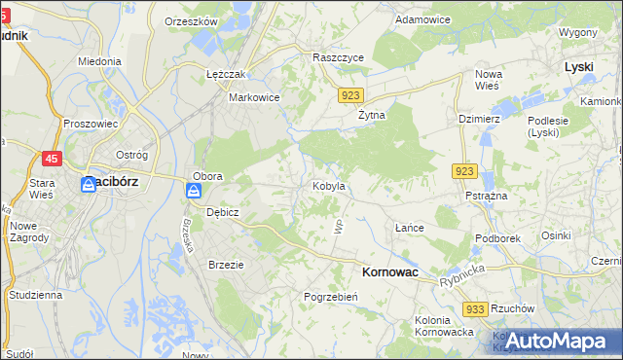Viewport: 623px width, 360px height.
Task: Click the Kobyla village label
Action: click(328, 186)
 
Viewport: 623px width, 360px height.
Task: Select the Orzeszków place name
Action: click(191, 21)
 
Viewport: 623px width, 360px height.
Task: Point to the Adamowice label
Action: click(423, 18)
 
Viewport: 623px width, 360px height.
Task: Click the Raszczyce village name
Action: click(338, 57)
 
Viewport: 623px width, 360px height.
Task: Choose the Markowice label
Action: click(254, 97)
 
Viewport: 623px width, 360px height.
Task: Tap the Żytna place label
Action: click(370, 114)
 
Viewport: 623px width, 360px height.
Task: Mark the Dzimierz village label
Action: click(479, 119)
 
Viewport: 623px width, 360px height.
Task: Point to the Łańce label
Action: click(409, 228)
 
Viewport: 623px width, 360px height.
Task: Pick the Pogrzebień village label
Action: click(333, 296)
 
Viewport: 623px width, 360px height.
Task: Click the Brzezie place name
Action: click(226, 264)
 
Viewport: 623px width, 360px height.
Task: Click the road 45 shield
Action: click(53, 158)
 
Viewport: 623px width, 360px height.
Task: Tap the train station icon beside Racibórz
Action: click(88, 183)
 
